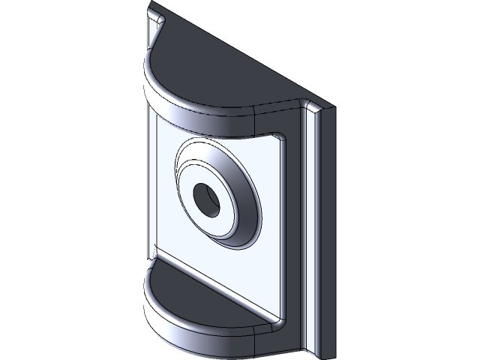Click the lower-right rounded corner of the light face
point(277,318)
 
